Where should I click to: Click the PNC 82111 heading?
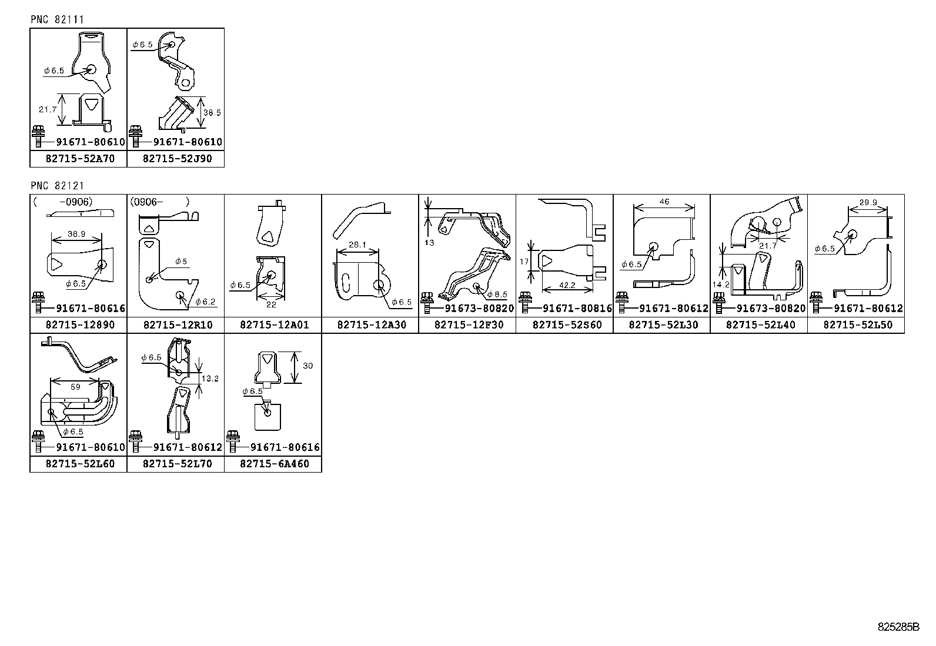click(57, 19)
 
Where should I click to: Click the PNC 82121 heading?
click(57, 186)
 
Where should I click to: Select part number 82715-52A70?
click(80, 159)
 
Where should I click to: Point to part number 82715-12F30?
click(469, 325)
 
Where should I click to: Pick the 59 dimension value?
click(75, 387)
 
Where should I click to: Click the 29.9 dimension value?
click(868, 203)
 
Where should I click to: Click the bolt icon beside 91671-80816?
click(525, 307)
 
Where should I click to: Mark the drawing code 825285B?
click(898, 627)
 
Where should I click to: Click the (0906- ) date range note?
click(159, 202)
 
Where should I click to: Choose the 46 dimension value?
click(664, 202)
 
